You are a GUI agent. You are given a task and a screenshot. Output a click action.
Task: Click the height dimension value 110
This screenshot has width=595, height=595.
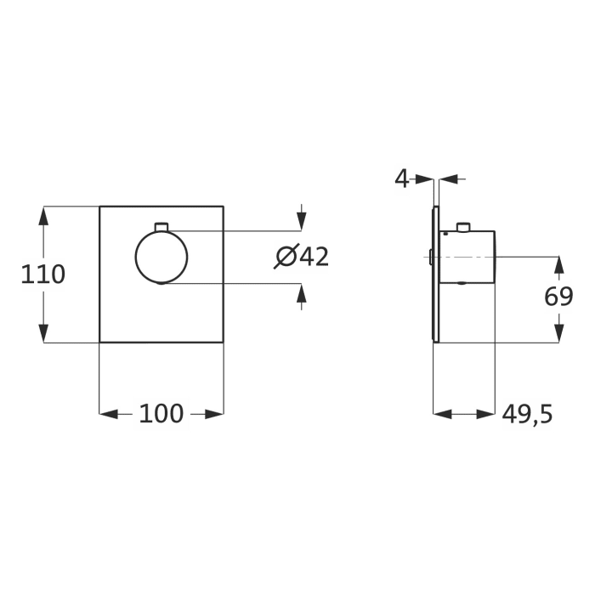click(x=43, y=274)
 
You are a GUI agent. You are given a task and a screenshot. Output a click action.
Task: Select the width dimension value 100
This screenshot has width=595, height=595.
click(x=161, y=414)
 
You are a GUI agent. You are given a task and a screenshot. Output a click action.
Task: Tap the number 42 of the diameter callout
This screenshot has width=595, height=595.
click(x=314, y=257)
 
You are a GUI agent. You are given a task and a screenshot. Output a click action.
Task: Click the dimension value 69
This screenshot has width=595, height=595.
click(x=558, y=297)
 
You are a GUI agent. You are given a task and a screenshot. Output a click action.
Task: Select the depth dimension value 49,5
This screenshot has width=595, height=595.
click(x=527, y=414)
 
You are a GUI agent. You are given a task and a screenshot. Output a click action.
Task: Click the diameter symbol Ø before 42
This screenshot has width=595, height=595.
click(x=286, y=257)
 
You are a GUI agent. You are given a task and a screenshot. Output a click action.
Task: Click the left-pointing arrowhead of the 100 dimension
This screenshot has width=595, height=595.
click(x=108, y=414)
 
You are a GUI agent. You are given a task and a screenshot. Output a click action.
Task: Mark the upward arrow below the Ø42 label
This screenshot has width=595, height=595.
click(x=300, y=293)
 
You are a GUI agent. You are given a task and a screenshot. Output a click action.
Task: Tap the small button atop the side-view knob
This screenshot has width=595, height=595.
click(x=462, y=227)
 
